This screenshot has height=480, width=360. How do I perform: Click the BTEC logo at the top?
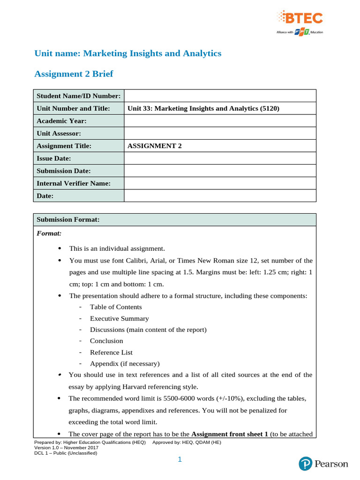[300, 19]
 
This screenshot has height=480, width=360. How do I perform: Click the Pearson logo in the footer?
[323, 464]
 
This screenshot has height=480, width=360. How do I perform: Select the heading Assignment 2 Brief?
[74, 74]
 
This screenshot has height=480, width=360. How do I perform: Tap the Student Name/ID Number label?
[78, 96]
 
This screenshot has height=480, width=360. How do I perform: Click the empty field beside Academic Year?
[220, 121]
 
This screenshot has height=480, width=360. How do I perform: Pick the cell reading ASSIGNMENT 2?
[154, 146]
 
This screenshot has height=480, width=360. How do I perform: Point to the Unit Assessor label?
[59, 134]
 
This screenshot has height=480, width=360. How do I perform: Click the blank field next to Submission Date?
[220, 171]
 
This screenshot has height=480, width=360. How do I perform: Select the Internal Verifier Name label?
[74, 183]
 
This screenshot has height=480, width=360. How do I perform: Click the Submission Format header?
[67, 219]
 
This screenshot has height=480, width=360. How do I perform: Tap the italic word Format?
[49, 232]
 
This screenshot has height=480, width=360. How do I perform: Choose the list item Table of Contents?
[116, 307]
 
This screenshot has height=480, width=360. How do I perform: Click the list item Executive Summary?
[120, 318]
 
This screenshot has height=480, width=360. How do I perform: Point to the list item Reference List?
[111, 352]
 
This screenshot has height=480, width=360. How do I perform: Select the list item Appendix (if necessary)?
[125, 363]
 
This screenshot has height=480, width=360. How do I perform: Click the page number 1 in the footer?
[180, 460]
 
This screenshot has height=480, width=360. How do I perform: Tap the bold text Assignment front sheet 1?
[230, 434]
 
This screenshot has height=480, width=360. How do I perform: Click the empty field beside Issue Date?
[220, 158]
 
